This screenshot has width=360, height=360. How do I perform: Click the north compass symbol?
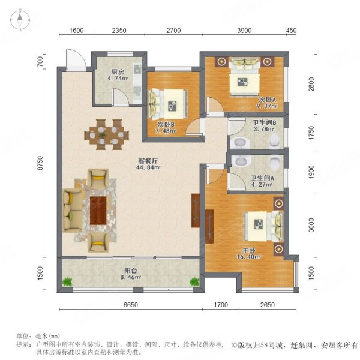click(x=20, y=20)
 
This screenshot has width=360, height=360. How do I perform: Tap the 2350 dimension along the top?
click(x=119, y=31)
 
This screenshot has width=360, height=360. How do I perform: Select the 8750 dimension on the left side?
click(x=40, y=163)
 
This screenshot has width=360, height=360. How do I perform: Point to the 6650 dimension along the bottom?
click(x=131, y=305)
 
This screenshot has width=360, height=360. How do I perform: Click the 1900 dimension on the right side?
click(x=311, y=172)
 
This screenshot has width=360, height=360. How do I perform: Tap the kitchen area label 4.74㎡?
click(x=118, y=78)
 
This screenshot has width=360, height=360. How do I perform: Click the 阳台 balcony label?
click(x=130, y=271)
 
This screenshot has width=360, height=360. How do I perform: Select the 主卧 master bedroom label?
click(x=248, y=250)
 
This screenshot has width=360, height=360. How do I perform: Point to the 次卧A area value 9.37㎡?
click(x=267, y=106)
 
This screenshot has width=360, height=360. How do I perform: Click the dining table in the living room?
click(x=107, y=134)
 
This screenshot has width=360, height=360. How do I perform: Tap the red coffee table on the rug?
click(x=98, y=211)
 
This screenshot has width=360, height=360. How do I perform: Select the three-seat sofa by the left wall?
click(x=72, y=211)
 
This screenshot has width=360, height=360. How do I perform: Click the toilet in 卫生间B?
click(x=275, y=141)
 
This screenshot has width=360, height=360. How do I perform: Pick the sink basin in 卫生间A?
click(x=241, y=161)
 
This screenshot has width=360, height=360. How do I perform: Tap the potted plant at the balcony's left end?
click(x=67, y=282)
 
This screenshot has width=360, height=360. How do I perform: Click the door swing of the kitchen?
click(x=120, y=97)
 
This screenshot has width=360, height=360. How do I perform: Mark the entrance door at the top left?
click(x=76, y=59)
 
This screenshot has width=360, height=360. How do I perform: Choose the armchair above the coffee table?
click(x=98, y=178)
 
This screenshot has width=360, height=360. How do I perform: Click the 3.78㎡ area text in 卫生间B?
click(x=264, y=129)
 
